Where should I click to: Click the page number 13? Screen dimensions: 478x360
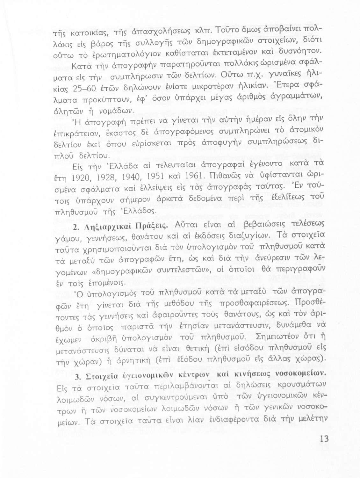(324, 439)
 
